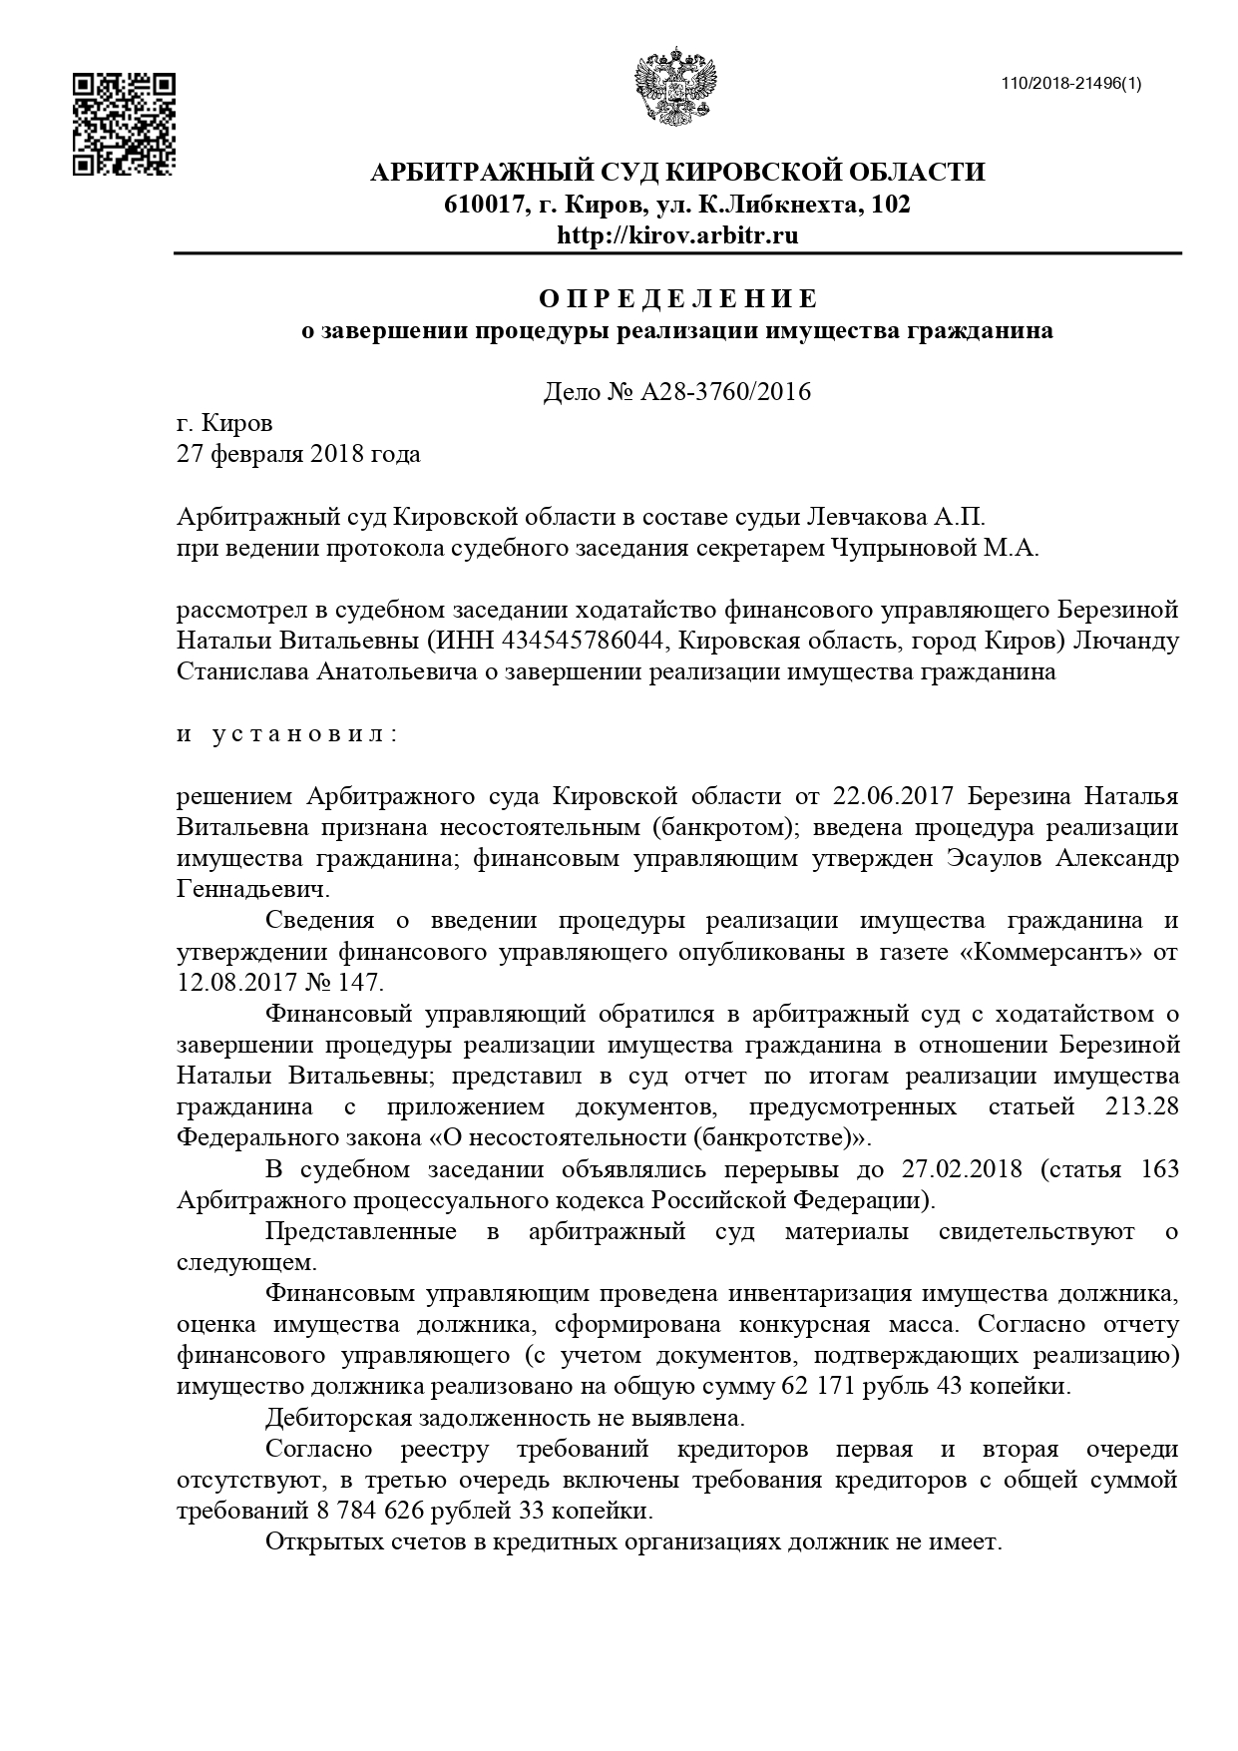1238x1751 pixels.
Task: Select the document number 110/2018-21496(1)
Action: [1071, 83]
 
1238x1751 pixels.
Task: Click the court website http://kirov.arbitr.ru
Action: [677, 235]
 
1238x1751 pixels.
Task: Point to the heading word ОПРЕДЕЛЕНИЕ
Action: [677, 298]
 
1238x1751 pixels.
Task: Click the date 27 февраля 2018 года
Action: [298, 455]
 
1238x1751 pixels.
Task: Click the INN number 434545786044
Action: [567, 641]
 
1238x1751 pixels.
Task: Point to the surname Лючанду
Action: [1124, 641]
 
